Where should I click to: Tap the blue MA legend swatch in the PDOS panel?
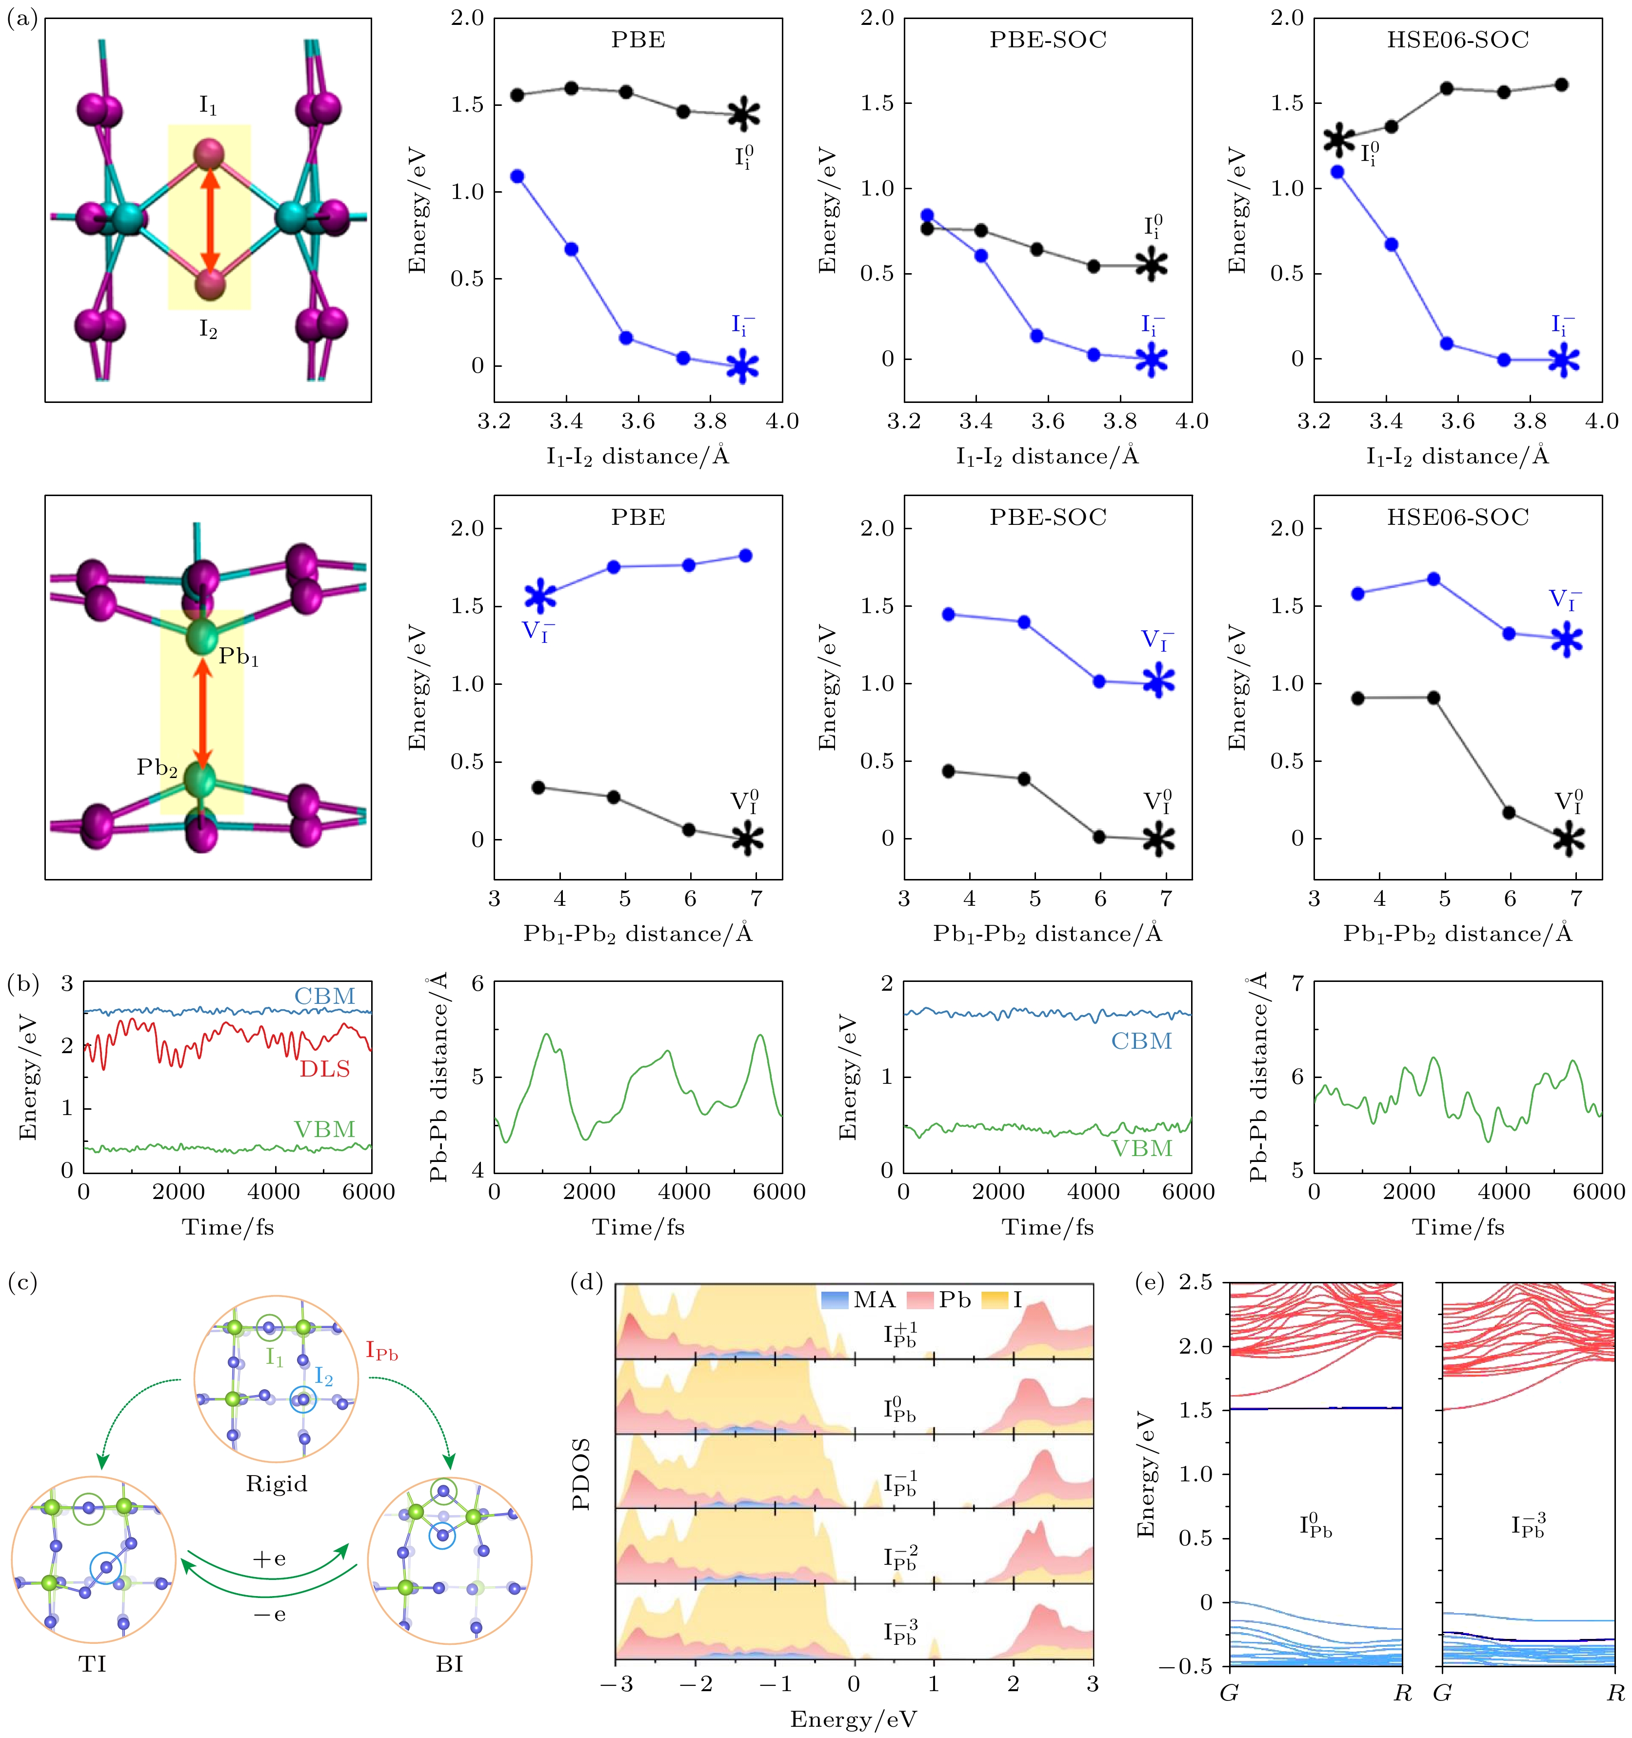(835, 1300)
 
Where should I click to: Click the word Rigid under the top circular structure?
(276, 1483)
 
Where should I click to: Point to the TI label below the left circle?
(93, 1664)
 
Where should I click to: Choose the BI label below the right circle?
(449, 1664)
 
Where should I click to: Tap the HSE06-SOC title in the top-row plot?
(1457, 40)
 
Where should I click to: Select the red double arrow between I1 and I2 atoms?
(209, 220)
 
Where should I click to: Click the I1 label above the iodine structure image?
(208, 106)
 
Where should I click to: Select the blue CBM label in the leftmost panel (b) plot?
(324, 996)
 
